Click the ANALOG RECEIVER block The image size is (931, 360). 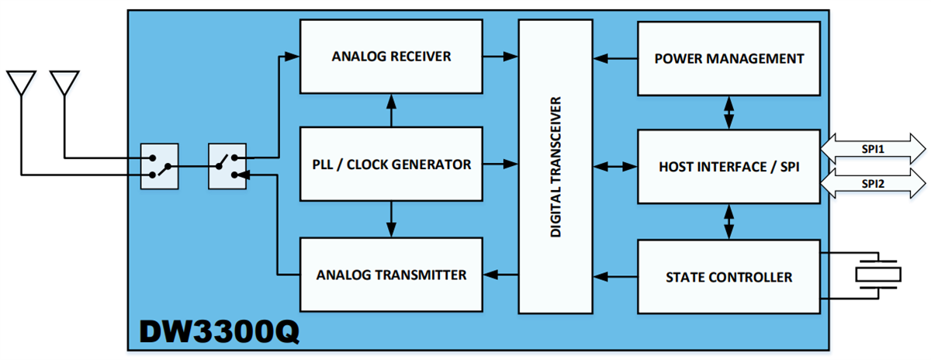pyautogui.click(x=391, y=57)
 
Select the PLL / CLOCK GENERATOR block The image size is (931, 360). pyautogui.click(x=391, y=164)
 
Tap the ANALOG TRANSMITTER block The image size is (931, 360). pyautogui.click(x=391, y=275)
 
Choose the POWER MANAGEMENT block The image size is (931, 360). pyautogui.click(x=729, y=58)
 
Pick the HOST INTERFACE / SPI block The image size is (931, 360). pyautogui.click(x=729, y=166)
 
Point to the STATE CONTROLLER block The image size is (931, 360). pyautogui.click(x=729, y=276)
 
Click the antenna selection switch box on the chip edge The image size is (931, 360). pyautogui.click(x=159, y=166)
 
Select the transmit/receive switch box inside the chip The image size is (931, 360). pyautogui.click(x=227, y=166)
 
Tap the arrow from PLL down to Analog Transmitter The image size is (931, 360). pyautogui.click(x=391, y=220)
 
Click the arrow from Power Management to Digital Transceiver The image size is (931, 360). pyautogui.click(x=617, y=58)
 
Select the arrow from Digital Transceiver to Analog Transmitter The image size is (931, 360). pyautogui.click(x=500, y=275)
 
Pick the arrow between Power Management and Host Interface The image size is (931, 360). pyautogui.click(x=729, y=112)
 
